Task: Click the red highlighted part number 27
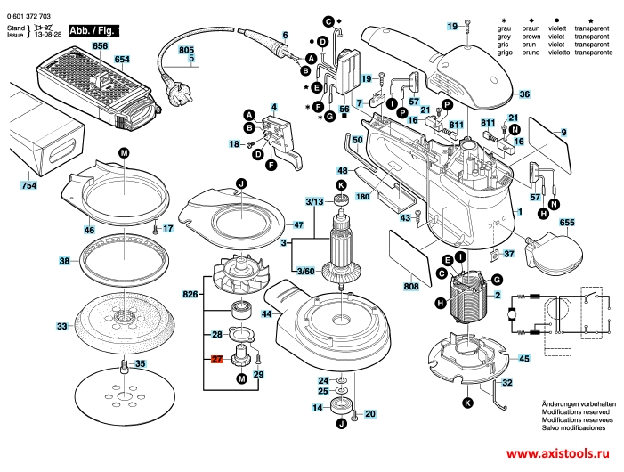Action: click(216, 360)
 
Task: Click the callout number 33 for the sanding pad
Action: click(62, 327)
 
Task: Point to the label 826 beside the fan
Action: click(190, 294)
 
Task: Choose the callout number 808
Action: click(410, 287)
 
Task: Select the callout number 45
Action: click(524, 358)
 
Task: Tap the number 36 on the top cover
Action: click(524, 94)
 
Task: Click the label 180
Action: click(363, 197)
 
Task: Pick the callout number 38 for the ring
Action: click(64, 261)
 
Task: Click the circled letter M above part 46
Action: click(124, 152)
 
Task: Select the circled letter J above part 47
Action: click(239, 183)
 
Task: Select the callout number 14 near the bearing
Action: click(317, 408)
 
